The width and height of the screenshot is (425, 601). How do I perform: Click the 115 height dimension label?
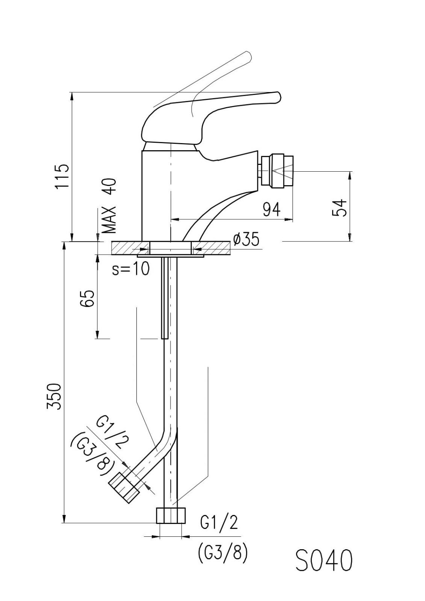tap(62, 177)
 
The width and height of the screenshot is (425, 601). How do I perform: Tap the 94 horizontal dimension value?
tap(271, 210)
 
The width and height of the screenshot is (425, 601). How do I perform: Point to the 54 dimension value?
tap(340, 207)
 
